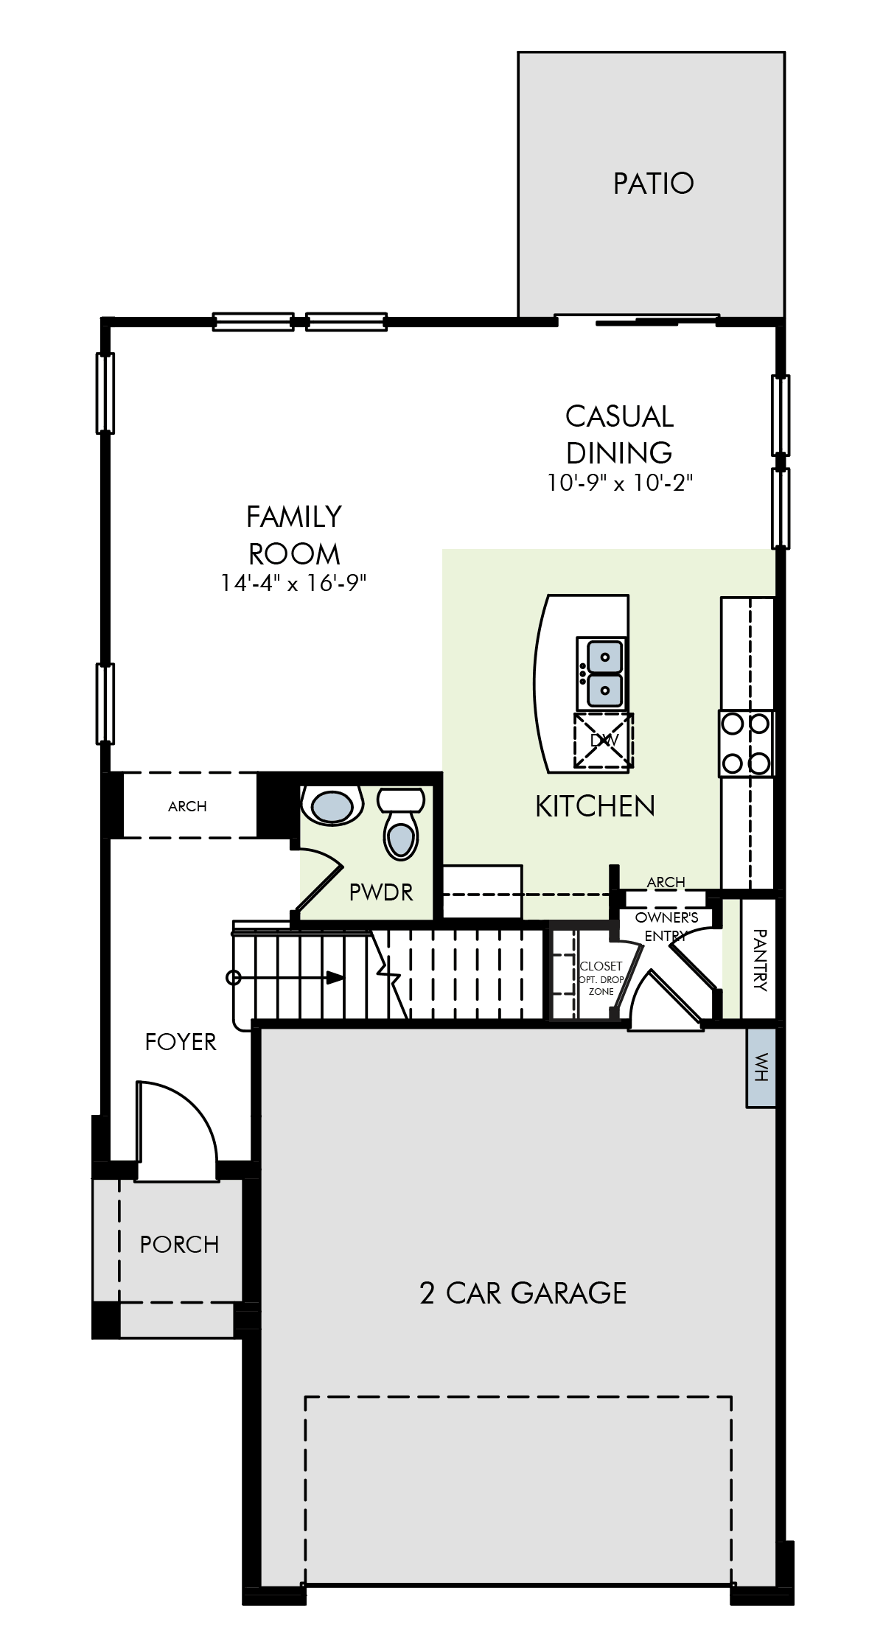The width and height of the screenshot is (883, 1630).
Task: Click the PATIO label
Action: tap(653, 183)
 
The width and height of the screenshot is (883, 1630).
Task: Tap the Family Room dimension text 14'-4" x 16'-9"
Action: tap(293, 584)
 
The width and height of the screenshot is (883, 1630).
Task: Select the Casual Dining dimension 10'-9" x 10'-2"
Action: tap(619, 483)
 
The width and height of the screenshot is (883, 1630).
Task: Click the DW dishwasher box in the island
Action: tap(604, 741)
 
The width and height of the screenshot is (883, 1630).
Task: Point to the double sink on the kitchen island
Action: tap(600, 674)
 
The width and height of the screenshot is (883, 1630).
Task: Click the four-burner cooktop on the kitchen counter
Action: tap(746, 743)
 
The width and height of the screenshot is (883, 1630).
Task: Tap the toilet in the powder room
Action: tap(400, 823)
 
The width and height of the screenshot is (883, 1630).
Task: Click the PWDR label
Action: tap(381, 892)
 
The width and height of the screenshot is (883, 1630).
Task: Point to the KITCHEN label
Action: tap(595, 806)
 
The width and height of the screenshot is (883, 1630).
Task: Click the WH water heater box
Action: tap(761, 1066)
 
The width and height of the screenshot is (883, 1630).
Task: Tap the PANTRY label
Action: tap(760, 960)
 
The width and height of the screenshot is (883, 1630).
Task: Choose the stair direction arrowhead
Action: tap(335, 977)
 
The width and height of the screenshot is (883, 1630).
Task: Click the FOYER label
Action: tap(181, 1042)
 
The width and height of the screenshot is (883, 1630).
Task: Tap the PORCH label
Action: tap(179, 1245)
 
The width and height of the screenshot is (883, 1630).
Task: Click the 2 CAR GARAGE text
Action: tap(523, 1293)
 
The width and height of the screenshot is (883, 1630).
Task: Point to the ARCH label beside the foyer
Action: tap(187, 806)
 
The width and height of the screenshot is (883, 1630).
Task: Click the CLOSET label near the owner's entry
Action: tap(601, 965)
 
